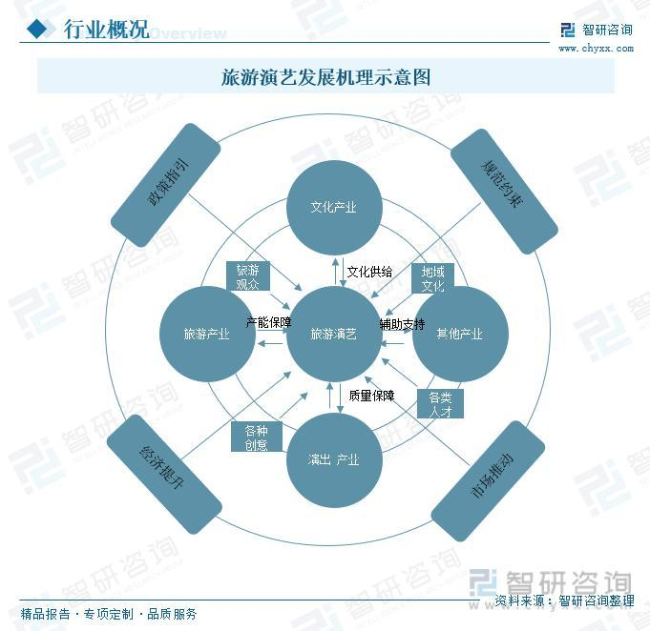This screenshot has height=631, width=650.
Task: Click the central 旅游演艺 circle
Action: pos(333,335)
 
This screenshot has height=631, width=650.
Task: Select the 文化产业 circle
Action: pos(333,207)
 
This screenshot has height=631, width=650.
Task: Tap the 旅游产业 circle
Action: pos(206,335)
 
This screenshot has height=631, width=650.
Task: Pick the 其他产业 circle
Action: pos(459,335)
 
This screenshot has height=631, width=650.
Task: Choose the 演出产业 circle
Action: pos(333,460)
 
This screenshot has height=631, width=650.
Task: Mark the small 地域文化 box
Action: pos(432,278)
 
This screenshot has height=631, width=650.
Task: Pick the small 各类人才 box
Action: pos(440,404)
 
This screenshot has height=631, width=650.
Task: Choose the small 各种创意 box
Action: pos(256,437)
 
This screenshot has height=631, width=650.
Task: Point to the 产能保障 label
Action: pos(268,322)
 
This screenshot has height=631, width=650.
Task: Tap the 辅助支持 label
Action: pos(402,324)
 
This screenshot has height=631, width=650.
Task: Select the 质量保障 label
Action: pos(371,396)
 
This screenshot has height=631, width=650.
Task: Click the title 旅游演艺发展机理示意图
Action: pos(325,76)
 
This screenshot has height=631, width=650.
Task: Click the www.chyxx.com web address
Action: pos(595,48)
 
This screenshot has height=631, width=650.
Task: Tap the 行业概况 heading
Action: pos(105,30)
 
